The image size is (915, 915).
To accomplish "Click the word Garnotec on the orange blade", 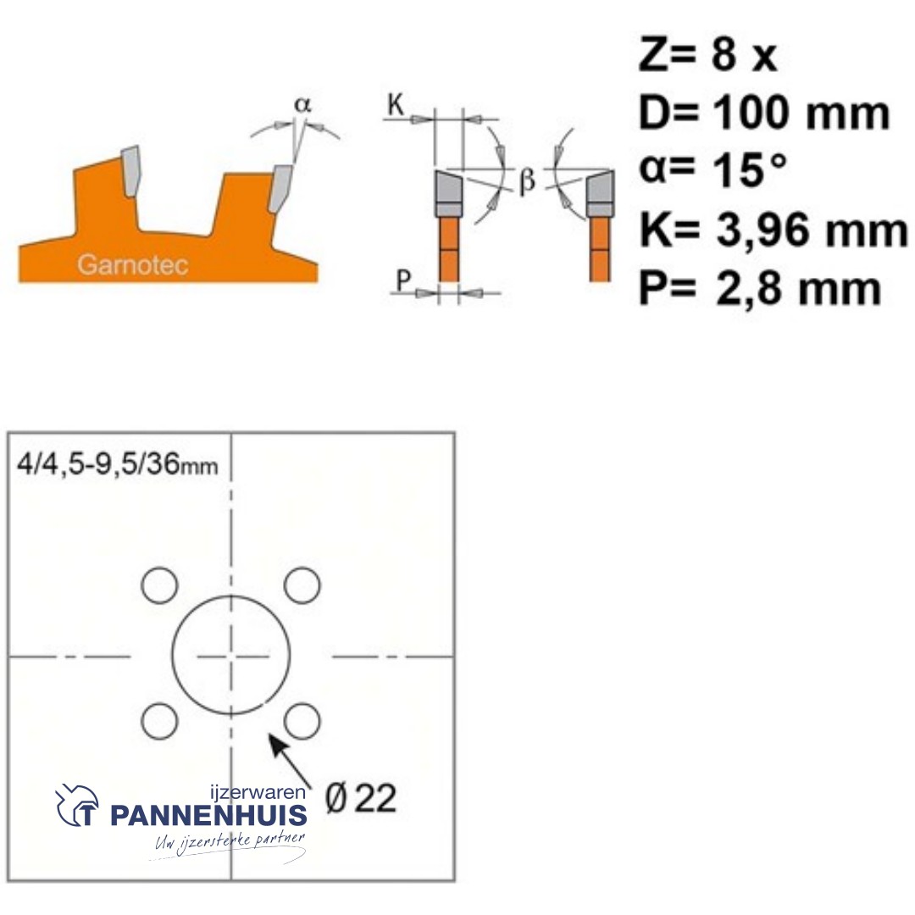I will coord(133,264).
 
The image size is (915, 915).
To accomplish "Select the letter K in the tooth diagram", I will coord(396,105).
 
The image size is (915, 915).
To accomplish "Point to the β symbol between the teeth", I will coord(527,180).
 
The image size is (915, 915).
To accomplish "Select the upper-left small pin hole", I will coord(159,585).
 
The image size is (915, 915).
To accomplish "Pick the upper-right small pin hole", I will coord(301,585).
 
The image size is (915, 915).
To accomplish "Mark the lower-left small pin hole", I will coord(159,721).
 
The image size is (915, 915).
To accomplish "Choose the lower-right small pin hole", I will coord(301,721).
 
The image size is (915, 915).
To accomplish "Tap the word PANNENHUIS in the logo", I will coord(208,816).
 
